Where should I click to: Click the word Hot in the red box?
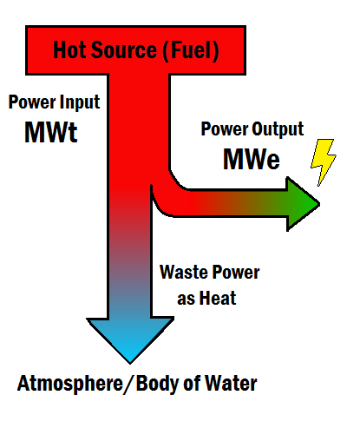click(69, 50)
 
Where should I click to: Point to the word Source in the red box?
click(124, 50)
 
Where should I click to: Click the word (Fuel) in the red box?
click(190, 51)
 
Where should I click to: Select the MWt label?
click(51, 132)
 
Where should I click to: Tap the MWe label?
click(252, 159)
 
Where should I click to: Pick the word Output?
click(278, 129)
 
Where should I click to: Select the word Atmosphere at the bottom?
click(70, 384)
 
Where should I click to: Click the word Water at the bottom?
click(231, 383)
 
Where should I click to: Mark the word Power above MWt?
click(32, 102)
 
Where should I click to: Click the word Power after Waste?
click(236, 273)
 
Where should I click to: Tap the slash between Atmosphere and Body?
click(129, 385)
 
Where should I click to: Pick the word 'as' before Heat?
click(186, 300)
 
